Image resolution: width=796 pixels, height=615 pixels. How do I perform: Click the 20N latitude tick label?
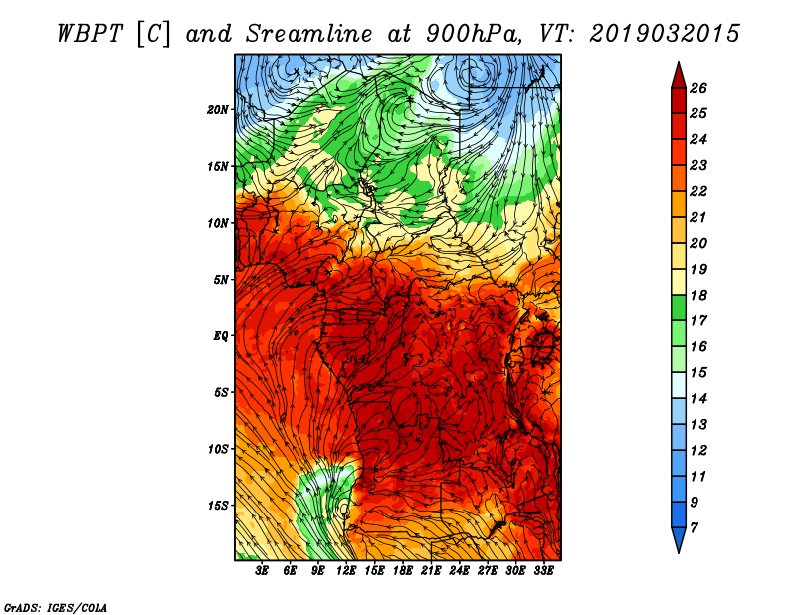point(217,109)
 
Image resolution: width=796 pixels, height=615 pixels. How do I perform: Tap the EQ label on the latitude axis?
point(220,335)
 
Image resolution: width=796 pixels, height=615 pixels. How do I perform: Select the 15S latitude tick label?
point(217,506)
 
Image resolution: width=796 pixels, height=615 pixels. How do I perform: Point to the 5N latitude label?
point(220,280)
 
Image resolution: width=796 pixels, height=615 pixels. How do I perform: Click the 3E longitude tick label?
point(261,571)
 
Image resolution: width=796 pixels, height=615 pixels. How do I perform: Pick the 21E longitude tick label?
point(431,571)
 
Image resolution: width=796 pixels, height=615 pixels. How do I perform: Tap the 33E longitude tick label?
point(543,571)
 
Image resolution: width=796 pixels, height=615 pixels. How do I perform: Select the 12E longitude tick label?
point(345,571)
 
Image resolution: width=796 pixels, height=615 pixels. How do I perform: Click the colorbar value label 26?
point(698,88)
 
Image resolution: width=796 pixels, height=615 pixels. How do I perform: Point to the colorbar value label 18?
point(698,295)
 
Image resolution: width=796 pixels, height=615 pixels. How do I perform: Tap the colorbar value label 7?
point(694,528)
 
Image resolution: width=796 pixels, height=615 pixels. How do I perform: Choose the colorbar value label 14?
point(698,399)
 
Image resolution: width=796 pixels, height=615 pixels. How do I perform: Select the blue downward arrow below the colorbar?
point(679,539)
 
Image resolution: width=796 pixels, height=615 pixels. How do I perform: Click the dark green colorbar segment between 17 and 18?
point(679,307)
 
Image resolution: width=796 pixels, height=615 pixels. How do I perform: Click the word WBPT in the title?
point(90,34)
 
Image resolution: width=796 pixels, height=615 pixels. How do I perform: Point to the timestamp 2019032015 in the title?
point(665,34)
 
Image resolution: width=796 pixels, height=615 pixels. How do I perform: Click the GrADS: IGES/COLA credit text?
point(56,607)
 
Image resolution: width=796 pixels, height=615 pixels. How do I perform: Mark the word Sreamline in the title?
point(309,34)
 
